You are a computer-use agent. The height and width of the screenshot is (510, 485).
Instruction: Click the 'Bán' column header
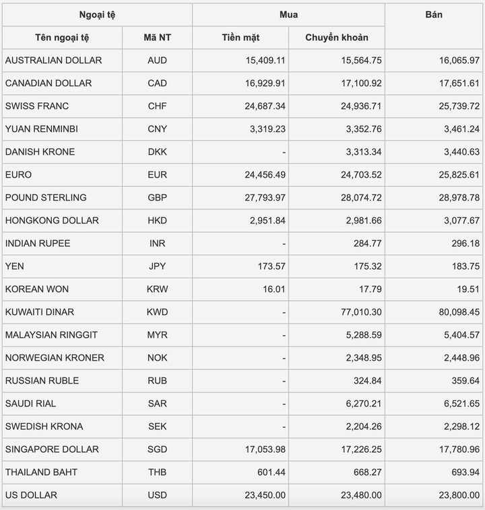(434, 15)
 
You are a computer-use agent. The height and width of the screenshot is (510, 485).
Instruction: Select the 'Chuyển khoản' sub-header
(337, 38)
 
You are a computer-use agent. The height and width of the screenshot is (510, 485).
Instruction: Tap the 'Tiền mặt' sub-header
(240, 38)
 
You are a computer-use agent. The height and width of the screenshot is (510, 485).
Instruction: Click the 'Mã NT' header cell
(157, 38)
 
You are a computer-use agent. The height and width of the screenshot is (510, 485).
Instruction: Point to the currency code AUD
(157, 61)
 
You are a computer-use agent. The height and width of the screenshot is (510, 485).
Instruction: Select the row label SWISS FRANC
(37, 106)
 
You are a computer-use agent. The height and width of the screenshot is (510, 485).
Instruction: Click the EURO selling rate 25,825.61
(457, 175)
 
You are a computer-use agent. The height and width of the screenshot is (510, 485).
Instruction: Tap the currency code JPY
(157, 266)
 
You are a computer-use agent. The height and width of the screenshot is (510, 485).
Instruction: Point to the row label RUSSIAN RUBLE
(42, 381)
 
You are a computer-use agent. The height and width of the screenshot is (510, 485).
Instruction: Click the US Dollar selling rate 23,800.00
(457, 495)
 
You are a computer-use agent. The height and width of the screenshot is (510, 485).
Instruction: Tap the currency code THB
(157, 472)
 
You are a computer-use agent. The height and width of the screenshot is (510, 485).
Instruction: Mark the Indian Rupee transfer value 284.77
(368, 244)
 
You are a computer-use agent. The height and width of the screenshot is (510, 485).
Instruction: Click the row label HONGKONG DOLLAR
(52, 221)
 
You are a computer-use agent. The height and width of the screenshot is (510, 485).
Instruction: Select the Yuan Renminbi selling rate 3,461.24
(459, 129)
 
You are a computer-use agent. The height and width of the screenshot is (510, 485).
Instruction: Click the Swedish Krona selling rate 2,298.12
(459, 427)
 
